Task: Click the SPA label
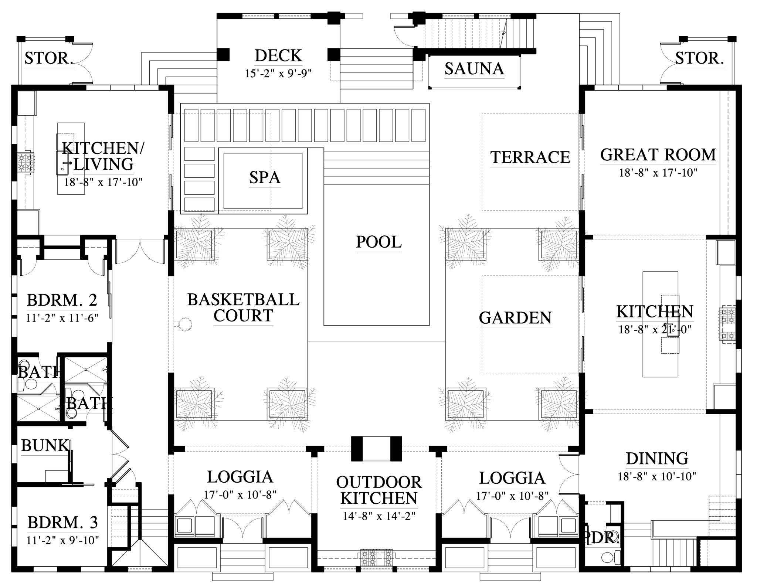(265, 178)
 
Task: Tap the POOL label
(378, 242)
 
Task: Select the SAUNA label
(474, 69)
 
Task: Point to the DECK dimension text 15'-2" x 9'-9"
(278, 74)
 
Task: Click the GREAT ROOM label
(658, 155)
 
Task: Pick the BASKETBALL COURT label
(243, 307)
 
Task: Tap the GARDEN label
(515, 318)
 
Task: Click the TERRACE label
(530, 157)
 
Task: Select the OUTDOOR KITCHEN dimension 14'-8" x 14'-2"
(379, 516)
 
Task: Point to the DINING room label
(657, 459)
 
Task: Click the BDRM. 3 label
(63, 523)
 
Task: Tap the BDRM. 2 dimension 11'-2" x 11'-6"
(62, 318)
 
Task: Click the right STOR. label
(699, 58)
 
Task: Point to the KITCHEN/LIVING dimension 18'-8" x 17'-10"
(103, 182)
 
